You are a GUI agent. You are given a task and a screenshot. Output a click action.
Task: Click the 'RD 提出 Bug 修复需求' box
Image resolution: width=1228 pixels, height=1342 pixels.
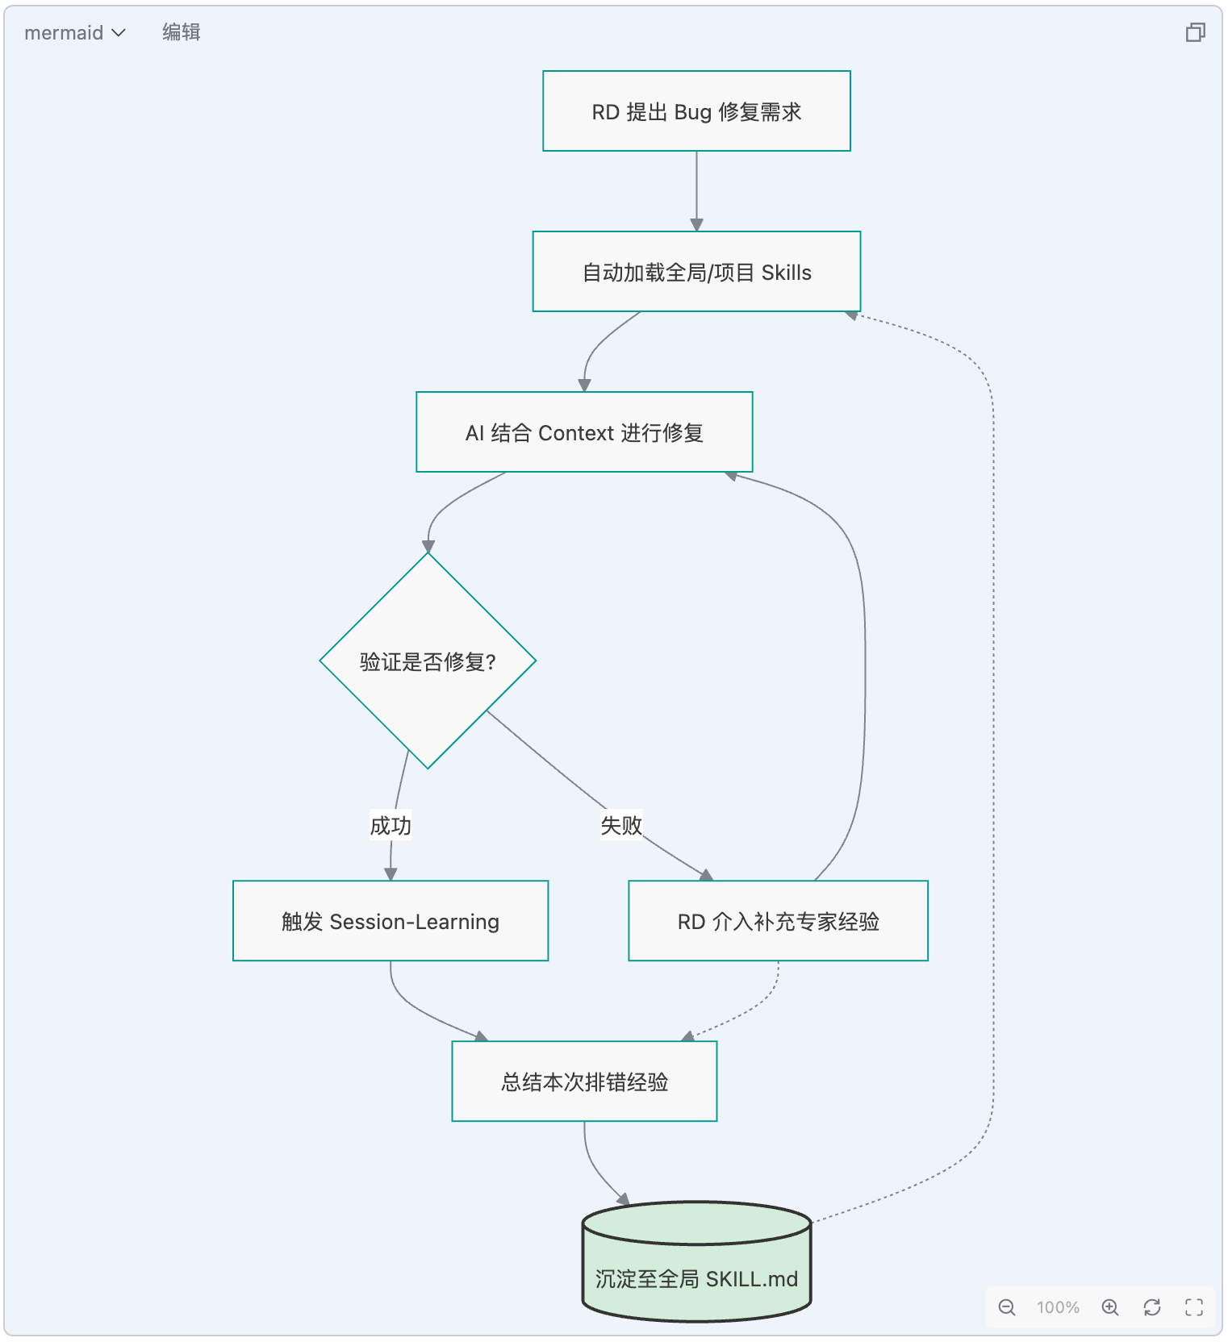(x=696, y=111)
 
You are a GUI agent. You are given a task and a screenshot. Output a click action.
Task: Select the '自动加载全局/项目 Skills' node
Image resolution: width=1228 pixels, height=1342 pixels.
(x=696, y=272)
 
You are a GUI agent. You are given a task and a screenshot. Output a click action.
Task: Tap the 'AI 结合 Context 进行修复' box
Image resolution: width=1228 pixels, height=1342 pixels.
(x=584, y=432)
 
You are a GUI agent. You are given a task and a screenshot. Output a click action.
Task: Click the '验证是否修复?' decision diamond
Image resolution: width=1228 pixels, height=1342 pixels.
(x=428, y=661)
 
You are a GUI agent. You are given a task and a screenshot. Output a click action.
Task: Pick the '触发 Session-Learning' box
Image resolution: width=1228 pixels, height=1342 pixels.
(x=391, y=921)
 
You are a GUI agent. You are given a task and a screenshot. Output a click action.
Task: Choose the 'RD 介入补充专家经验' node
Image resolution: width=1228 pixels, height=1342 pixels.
(x=778, y=921)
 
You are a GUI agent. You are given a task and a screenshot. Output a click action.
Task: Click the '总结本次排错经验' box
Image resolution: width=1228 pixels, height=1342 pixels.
(x=584, y=1082)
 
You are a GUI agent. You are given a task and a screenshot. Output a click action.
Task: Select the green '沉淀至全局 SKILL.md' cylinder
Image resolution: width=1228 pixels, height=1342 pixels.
(x=696, y=1261)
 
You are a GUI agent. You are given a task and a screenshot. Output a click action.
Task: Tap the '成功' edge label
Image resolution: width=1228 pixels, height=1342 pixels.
(x=391, y=825)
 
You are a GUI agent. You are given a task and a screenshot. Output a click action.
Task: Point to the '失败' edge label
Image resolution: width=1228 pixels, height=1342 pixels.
(x=621, y=825)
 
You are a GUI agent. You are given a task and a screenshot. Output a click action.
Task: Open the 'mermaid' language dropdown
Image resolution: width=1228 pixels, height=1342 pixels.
(x=74, y=33)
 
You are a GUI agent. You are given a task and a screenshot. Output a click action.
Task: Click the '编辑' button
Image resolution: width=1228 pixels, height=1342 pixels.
(x=182, y=32)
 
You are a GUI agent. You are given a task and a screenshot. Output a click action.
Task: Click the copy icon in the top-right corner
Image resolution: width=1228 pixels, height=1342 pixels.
(x=1195, y=32)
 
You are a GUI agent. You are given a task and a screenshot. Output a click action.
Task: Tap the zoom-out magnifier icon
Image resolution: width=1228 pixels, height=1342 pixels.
(x=1007, y=1307)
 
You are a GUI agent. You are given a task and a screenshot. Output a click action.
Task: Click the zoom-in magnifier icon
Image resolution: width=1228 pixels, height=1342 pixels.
(x=1110, y=1307)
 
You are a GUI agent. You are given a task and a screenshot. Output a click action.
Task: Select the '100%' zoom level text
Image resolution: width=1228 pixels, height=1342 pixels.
(x=1058, y=1307)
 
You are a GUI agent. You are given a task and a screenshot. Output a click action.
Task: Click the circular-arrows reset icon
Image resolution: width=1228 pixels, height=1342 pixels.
(x=1152, y=1307)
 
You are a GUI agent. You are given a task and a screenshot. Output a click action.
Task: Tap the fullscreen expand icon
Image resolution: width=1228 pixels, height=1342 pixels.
(x=1194, y=1307)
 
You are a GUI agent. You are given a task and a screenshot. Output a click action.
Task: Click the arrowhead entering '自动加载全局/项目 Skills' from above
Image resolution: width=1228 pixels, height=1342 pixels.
(x=696, y=225)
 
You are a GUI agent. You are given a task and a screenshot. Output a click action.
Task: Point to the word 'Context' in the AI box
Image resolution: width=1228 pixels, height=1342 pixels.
(x=576, y=433)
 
